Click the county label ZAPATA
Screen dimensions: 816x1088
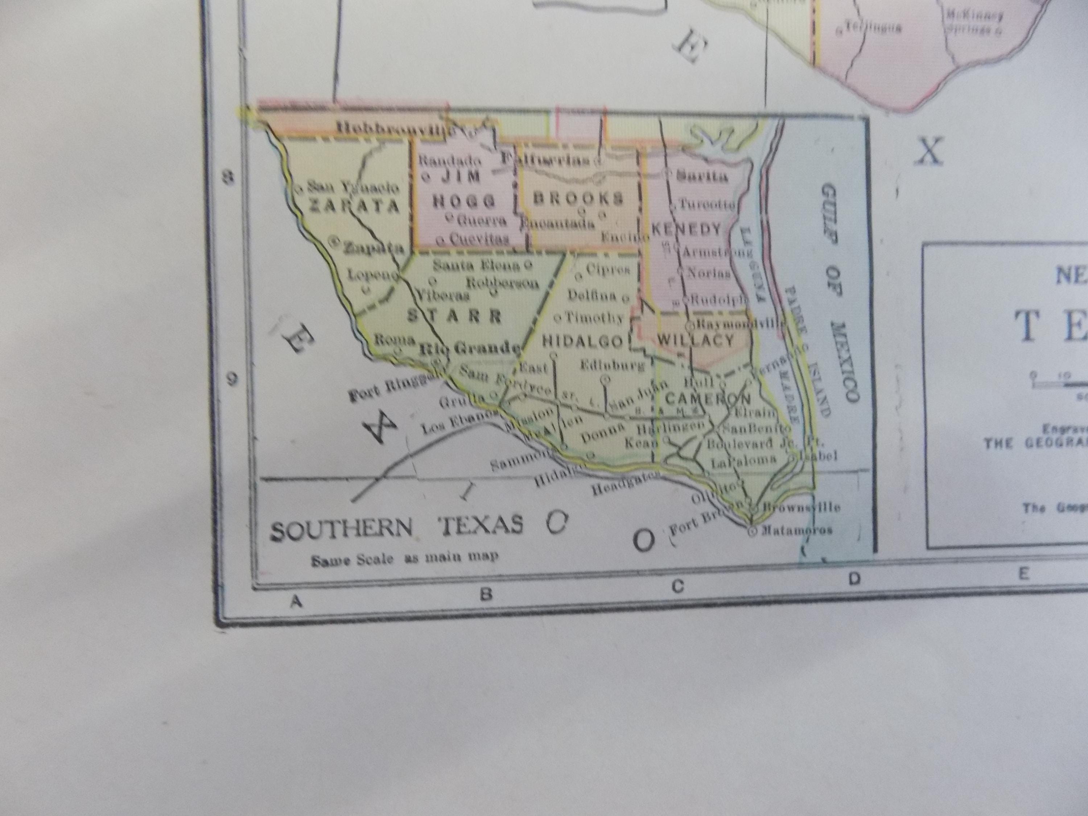(x=354, y=206)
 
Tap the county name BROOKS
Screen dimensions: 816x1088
(x=578, y=198)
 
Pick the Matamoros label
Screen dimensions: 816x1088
(x=796, y=530)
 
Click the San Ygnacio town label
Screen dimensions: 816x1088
(x=353, y=187)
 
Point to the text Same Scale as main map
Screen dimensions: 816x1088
(x=404, y=558)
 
